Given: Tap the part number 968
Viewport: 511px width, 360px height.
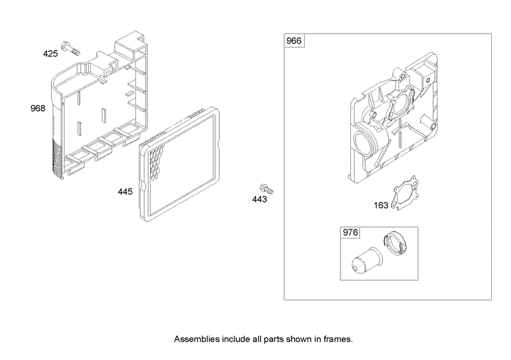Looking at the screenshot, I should (x=38, y=108).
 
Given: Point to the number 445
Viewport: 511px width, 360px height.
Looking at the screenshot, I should (x=126, y=191).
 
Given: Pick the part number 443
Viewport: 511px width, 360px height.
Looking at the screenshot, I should (x=260, y=200).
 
